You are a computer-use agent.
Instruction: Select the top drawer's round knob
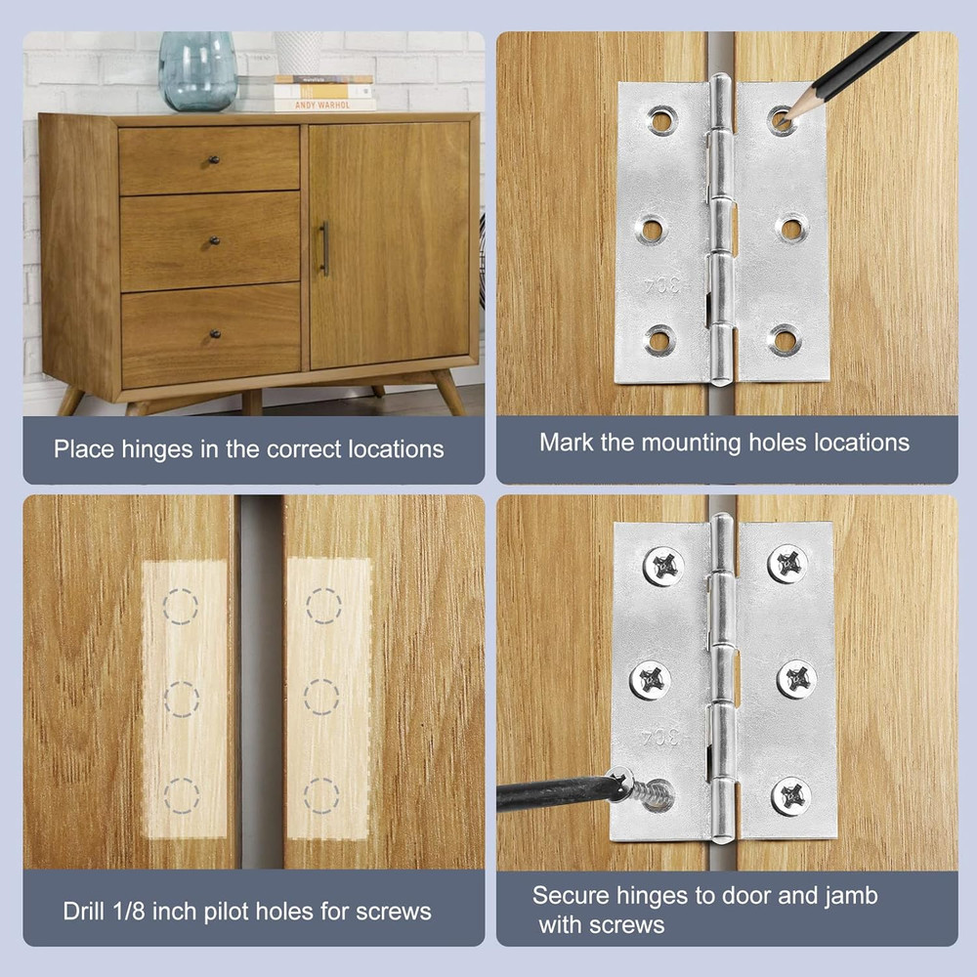pos(213,159)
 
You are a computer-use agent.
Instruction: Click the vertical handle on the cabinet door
pos(325,248)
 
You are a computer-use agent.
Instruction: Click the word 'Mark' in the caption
pos(566,443)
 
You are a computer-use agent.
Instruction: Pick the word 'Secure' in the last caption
pos(569,895)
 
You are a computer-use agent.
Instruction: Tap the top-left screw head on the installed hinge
pos(663,566)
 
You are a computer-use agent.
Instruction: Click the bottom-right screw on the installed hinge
pos(790,795)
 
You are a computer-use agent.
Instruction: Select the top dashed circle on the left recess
pos(181,606)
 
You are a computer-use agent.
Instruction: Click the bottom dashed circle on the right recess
pos(321,795)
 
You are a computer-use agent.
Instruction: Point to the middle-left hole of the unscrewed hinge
pos(651,230)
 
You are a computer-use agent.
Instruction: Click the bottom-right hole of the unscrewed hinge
pos(785,340)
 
